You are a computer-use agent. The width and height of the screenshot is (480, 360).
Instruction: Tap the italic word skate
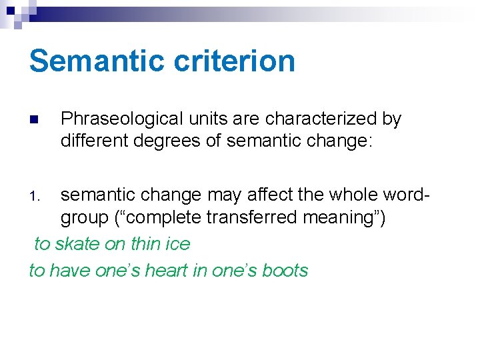pos(76,244)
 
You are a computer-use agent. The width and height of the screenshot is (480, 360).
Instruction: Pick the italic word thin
pos(145,244)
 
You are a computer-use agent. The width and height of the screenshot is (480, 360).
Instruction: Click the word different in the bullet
pos(92,141)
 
